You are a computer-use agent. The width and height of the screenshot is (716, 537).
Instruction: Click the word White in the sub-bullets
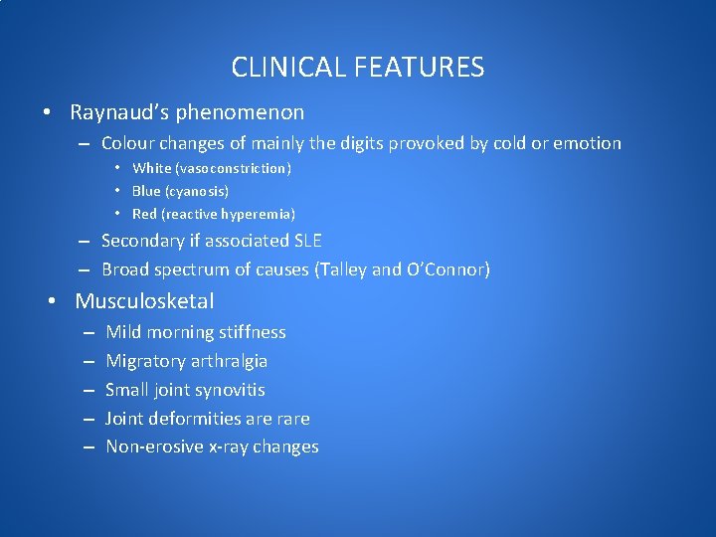point(152,168)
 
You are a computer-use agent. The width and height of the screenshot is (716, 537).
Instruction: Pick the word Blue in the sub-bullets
point(148,191)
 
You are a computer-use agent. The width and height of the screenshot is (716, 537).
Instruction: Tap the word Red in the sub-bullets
point(145,214)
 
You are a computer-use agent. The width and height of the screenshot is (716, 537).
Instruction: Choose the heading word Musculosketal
point(144,300)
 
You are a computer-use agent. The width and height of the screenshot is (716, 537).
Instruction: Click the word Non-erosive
point(154,447)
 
